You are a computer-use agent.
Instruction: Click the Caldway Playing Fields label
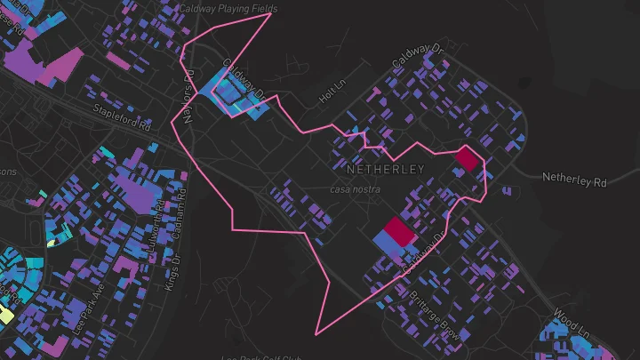click(228, 9)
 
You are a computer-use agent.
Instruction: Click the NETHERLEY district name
click(386, 168)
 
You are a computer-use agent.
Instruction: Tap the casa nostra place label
click(355, 189)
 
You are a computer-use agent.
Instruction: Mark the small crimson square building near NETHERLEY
click(467, 159)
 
